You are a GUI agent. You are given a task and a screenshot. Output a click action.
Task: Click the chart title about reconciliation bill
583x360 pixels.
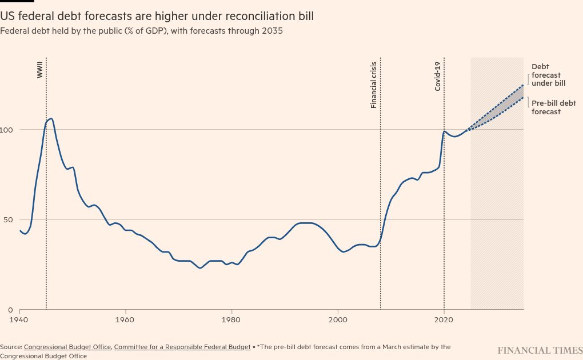157,17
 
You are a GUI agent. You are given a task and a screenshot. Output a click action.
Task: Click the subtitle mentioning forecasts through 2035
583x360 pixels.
141,31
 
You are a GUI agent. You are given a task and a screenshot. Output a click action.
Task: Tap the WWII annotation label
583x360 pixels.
40,70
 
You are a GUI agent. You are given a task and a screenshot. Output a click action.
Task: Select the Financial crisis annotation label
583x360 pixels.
374,85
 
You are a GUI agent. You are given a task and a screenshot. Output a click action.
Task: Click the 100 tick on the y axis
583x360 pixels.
6,130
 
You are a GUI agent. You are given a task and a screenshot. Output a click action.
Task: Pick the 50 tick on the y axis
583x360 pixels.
8,220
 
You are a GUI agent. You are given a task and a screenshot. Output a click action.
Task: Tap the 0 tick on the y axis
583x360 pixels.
10,310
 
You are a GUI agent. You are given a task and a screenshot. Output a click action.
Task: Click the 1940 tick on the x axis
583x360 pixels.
19,319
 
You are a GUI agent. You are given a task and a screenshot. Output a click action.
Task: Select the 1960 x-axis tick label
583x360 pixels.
125,319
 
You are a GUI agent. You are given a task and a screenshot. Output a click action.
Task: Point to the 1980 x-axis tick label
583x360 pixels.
231,319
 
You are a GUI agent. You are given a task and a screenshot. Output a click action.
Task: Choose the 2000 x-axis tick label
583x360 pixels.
338,319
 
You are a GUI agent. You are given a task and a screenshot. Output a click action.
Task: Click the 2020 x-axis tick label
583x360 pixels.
444,319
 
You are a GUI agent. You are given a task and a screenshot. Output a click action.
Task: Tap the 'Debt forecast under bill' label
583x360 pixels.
548,75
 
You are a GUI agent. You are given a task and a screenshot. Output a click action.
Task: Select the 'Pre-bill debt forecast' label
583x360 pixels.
553,107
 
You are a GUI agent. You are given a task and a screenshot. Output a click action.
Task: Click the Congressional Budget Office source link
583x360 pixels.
67,347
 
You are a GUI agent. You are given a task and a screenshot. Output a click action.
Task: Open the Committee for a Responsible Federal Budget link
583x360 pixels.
182,347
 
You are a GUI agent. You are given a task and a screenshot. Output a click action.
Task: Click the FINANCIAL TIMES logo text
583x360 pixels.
540,350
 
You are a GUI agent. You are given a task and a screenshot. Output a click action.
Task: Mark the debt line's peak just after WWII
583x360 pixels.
51,119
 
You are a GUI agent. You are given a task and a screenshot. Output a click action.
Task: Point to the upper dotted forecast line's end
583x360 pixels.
523,85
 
